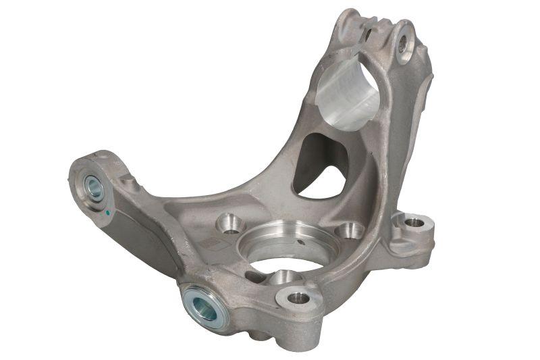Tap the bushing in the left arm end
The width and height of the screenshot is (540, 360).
coord(93,187)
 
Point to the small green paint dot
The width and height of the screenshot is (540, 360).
coord(108,213)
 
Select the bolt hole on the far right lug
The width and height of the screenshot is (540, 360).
coord(414,222)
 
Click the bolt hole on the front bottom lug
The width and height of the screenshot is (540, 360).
coord(298,298)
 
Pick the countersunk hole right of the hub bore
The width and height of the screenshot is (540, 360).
coord(350,231)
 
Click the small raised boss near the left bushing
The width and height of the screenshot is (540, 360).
coord(128,180)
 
